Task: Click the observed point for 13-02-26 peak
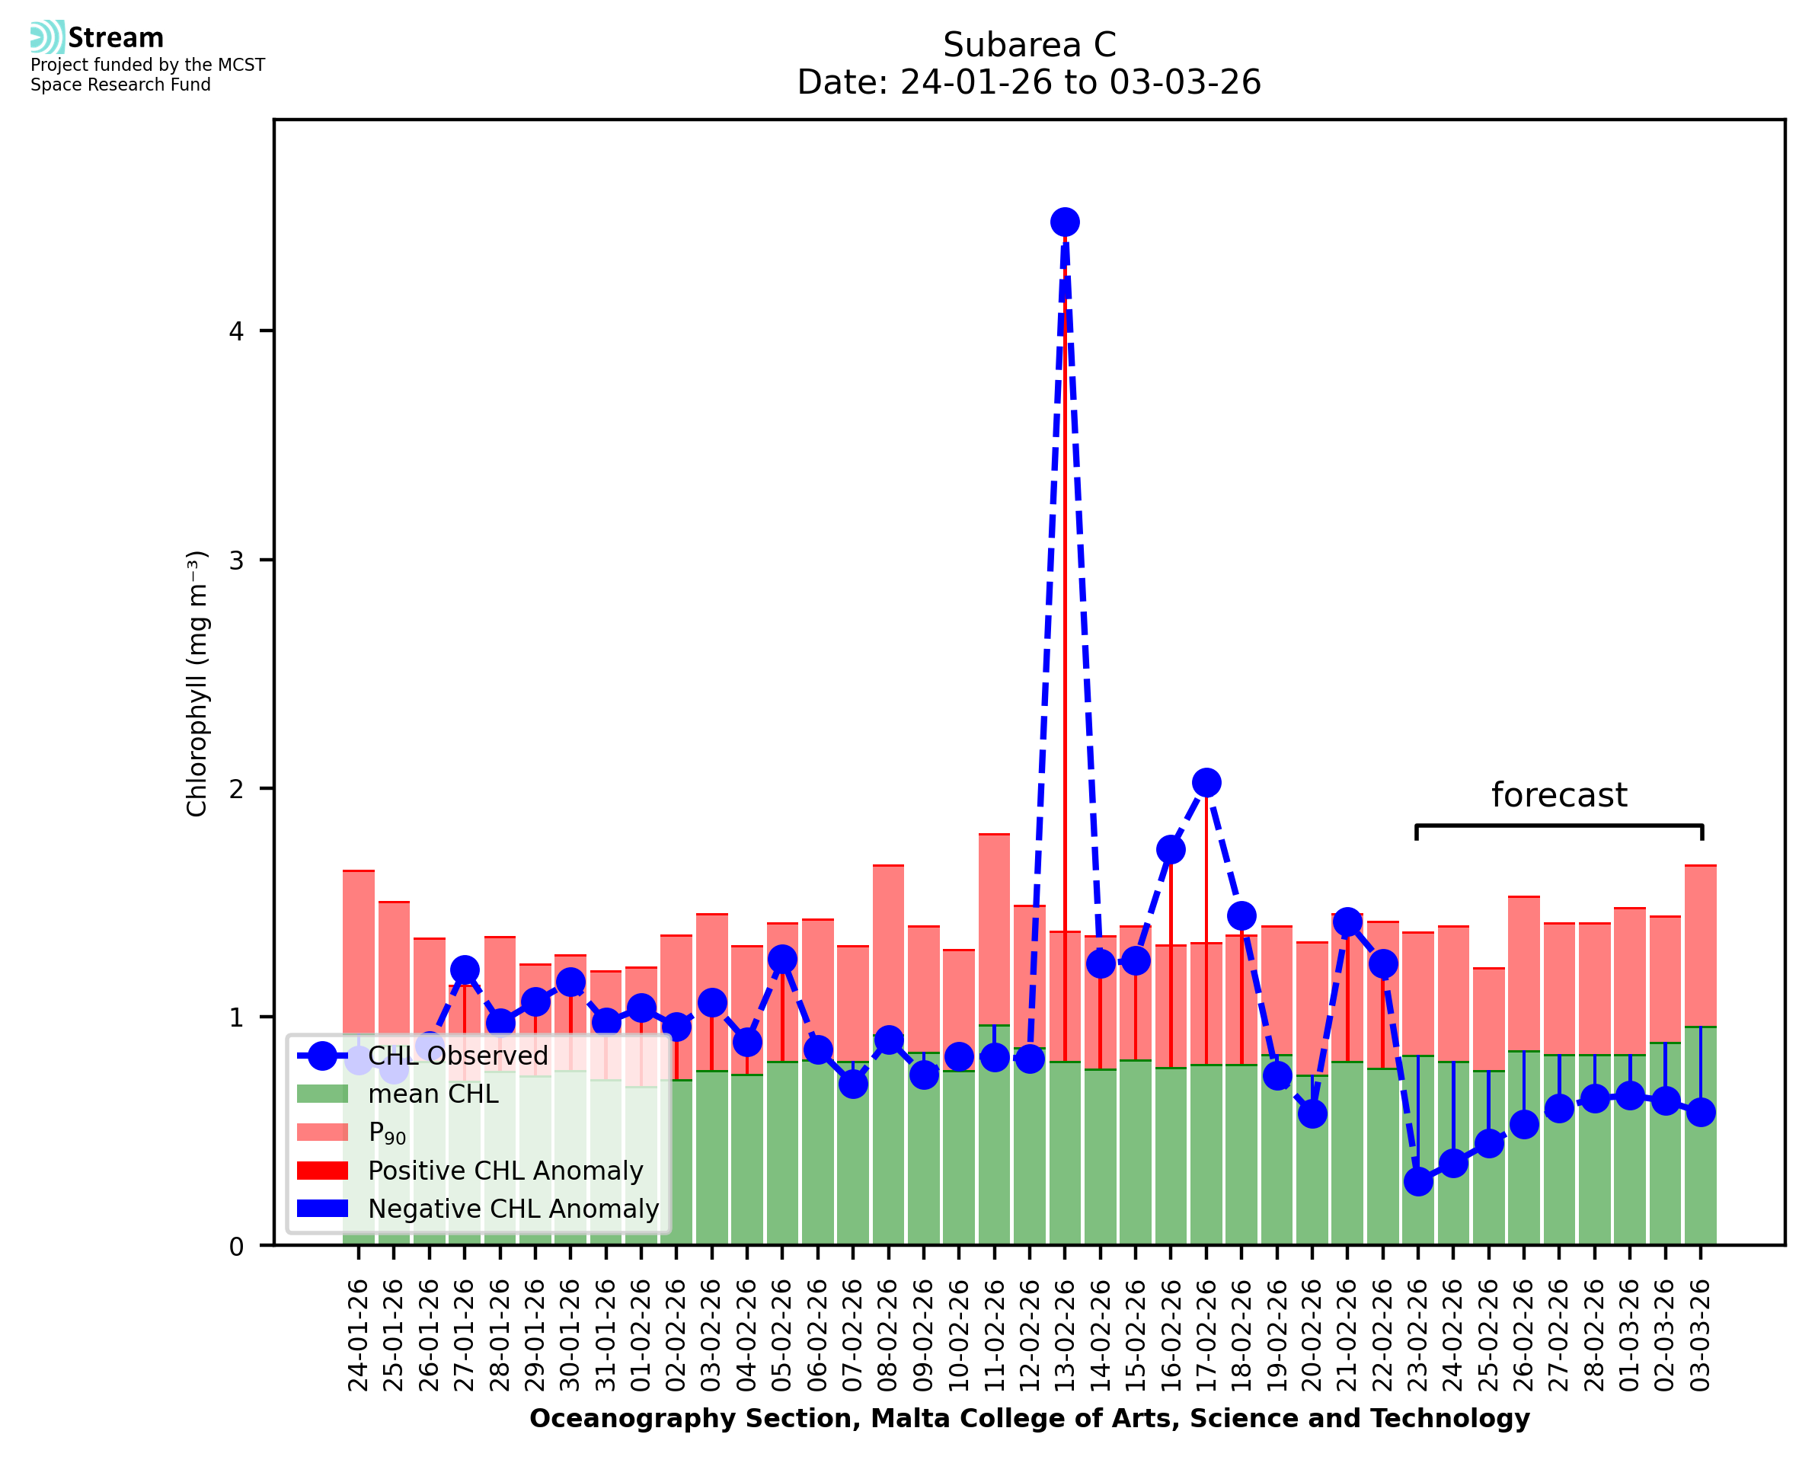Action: click(x=1064, y=222)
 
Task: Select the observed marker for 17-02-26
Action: click(x=1206, y=783)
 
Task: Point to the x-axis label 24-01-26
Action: click(x=358, y=1336)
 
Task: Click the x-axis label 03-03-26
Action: click(x=1701, y=1336)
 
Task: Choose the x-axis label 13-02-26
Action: click(x=1064, y=1336)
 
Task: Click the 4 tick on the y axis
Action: click(x=236, y=331)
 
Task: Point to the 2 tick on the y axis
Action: click(x=236, y=789)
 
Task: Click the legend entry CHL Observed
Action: click(x=458, y=1056)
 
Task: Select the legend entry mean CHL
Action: click(x=433, y=1094)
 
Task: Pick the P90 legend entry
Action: click(x=387, y=1133)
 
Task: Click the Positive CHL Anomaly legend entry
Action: click(x=505, y=1171)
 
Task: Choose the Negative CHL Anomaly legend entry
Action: click(x=513, y=1209)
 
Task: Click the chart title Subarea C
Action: click(x=1029, y=45)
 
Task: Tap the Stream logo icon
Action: click(x=47, y=37)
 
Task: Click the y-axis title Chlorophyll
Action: click(x=197, y=683)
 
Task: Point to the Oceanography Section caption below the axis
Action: click(x=1029, y=1419)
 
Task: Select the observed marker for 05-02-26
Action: click(x=782, y=959)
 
